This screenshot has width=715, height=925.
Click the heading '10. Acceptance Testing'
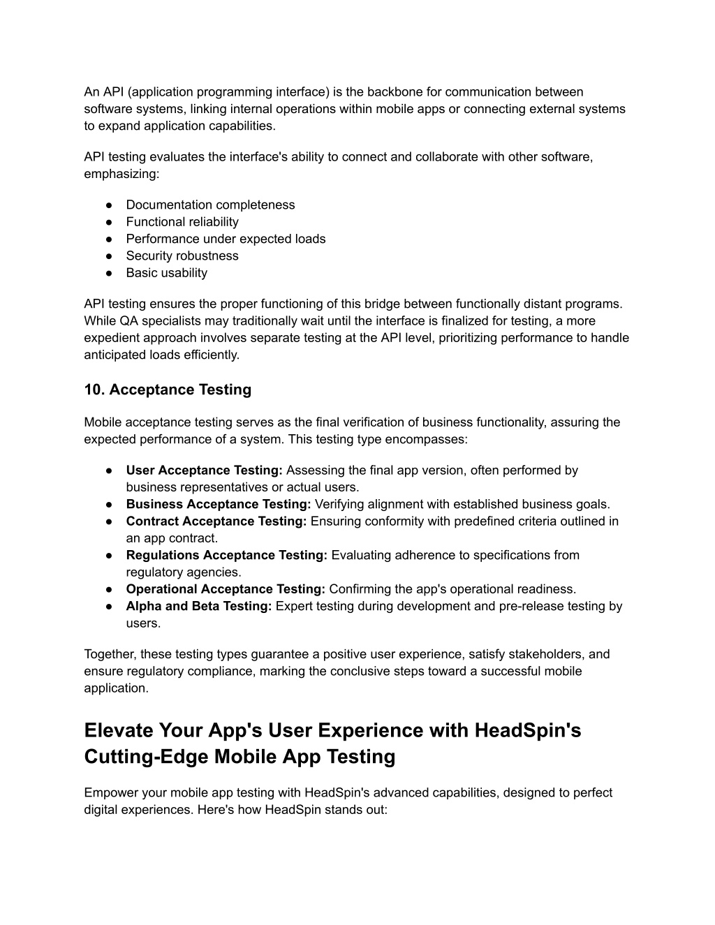tap(168, 390)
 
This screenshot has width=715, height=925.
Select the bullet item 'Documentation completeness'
tap(210, 205)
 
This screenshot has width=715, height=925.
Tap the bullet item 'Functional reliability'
tap(182, 222)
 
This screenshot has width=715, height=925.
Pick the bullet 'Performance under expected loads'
tap(226, 239)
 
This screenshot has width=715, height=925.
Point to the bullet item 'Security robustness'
tap(182, 256)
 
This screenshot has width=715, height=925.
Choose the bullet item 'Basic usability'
tap(166, 273)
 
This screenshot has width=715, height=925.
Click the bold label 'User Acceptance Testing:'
tap(204, 471)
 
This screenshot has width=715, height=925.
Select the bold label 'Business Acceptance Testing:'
tap(218, 504)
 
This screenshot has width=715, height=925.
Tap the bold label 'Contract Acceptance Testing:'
tap(216, 521)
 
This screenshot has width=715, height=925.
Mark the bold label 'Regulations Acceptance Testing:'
tap(226, 555)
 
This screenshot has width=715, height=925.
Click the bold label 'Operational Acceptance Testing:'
tap(226, 589)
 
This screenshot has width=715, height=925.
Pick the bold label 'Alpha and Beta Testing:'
tap(198, 606)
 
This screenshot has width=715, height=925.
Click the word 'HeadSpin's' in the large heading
tap(528, 730)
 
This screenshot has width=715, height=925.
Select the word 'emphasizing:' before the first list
tap(121, 174)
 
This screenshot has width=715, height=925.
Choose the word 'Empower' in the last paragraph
tap(110, 793)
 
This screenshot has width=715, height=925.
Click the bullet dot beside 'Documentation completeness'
tap(110, 205)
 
